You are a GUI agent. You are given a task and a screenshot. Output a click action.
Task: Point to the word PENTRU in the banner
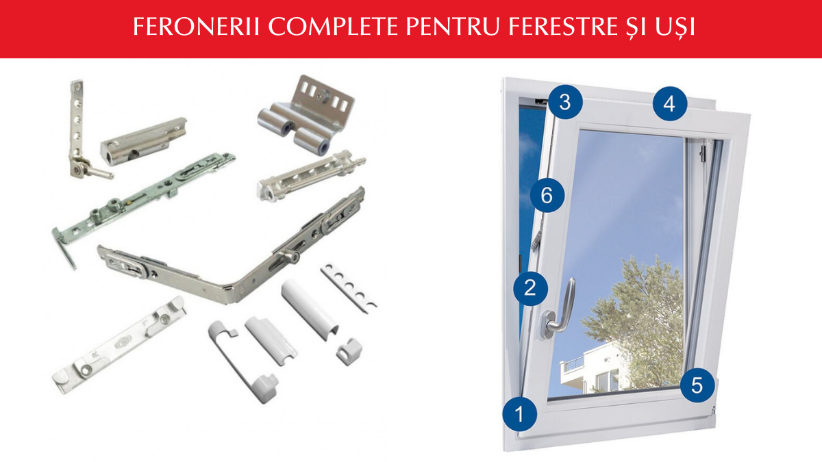click(453, 27)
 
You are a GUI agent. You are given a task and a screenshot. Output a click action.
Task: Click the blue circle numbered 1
click(520, 414)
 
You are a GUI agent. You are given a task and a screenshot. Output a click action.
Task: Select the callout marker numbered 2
click(530, 288)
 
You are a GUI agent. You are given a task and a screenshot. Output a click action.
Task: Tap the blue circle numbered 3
click(565, 102)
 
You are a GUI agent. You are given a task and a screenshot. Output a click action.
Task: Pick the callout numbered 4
click(670, 104)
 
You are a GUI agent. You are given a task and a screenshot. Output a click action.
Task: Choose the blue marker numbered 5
click(697, 385)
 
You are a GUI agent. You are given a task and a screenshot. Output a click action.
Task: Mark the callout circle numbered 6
click(547, 195)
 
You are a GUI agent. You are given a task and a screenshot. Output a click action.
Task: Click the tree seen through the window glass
click(638, 322)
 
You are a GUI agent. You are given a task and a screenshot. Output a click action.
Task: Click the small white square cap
click(349, 351)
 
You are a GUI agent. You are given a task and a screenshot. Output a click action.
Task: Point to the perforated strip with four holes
click(349, 288)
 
